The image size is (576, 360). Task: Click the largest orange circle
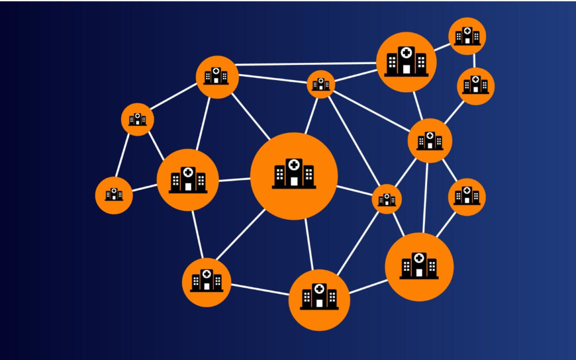coord(294,176)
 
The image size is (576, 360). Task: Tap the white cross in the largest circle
coord(293,165)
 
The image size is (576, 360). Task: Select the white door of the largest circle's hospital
coord(294,181)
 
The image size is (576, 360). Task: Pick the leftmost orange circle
coord(114,195)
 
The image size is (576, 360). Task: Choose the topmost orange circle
coord(467,36)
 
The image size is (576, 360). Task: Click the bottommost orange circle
coord(319,300)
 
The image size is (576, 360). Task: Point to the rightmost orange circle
coord(476,86)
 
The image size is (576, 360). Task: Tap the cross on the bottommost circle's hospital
coord(319,289)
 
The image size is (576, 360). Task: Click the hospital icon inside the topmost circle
coord(467,36)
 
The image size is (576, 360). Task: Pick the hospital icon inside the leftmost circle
coord(114,195)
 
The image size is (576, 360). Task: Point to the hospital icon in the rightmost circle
coord(476,85)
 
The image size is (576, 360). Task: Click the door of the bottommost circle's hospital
coord(319,303)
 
